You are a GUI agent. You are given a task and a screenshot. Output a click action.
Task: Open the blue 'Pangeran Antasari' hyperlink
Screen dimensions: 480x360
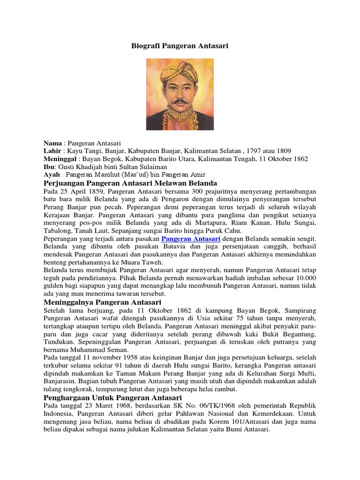point(191,239)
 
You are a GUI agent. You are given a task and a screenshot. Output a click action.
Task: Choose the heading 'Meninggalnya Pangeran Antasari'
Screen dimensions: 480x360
point(102,302)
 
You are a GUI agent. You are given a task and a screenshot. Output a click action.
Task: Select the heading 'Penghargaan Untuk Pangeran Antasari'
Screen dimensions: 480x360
point(109,397)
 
